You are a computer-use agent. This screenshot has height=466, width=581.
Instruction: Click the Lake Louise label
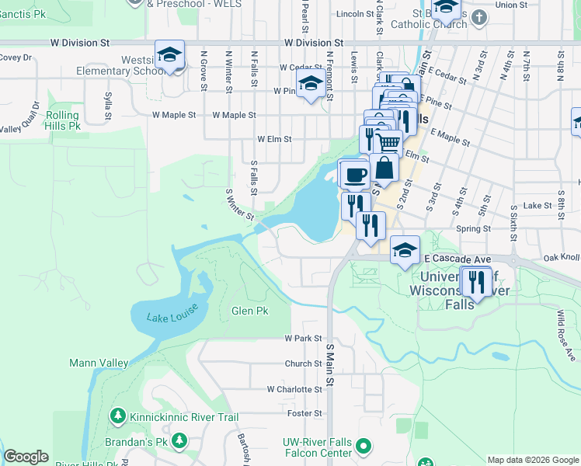point(172,312)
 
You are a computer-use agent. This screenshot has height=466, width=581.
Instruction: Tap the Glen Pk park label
point(249,311)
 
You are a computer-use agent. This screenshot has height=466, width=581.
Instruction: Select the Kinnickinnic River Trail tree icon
point(118,417)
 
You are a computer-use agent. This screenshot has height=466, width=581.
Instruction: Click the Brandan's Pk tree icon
point(180,441)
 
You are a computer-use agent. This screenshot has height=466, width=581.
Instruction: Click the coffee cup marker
point(354,174)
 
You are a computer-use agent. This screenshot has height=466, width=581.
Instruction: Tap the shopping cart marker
point(388,141)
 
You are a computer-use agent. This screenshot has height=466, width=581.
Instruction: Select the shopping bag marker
point(384,167)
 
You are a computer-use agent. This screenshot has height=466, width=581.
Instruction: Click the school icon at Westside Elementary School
point(169,55)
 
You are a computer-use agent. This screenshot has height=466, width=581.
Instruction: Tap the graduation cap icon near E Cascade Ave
point(405,251)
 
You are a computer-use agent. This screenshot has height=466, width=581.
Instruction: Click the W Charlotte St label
point(294,389)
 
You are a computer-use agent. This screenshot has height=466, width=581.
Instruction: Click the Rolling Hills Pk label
point(62,120)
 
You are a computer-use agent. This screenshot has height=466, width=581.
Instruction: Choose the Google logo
point(26,457)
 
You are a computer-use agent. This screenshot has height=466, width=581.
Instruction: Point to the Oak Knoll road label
point(561,258)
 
